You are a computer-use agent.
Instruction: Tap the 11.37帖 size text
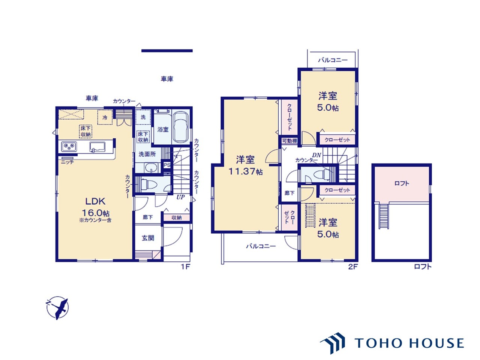coord(246,171)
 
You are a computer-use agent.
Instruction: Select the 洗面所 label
coord(147,154)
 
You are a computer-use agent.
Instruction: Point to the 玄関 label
coord(148,238)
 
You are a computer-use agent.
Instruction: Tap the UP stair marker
coord(180,197)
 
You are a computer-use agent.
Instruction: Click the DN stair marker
coord(316,155)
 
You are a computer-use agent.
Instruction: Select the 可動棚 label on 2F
coord(289,141)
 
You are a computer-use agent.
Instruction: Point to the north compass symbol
coord(57,307)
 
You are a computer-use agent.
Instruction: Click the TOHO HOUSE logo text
coord(409,343)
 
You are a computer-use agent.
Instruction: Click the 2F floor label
coord(353,267)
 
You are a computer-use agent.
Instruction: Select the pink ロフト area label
coord(402,183)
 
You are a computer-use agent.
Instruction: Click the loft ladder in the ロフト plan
coord(384,215)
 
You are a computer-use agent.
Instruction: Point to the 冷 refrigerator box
coord(105,117)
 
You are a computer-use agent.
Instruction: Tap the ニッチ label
coord(67,162)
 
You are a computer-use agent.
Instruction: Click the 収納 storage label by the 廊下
coord(176,217)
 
